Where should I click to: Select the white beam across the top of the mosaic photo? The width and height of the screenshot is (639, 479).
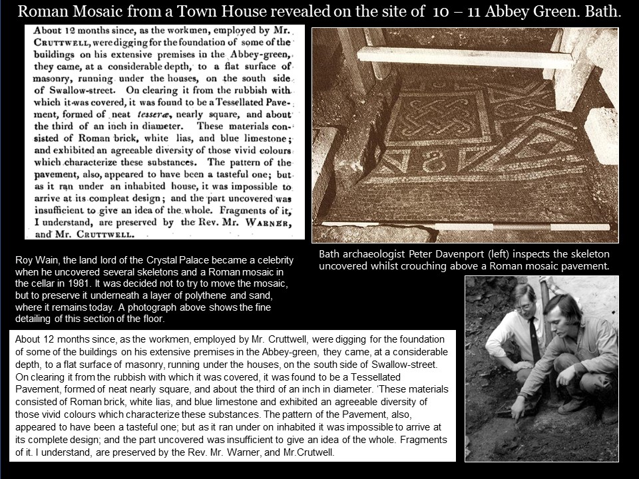coord(466,57)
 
